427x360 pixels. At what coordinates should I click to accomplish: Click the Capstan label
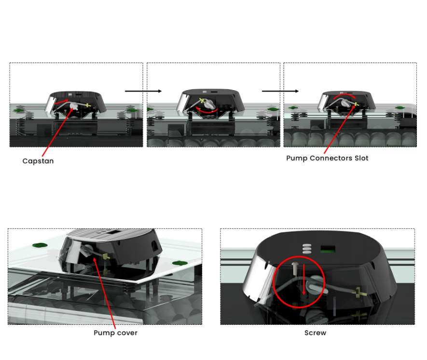click(x=38, y=161)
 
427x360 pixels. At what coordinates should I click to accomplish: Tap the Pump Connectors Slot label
click(x=327, y=158)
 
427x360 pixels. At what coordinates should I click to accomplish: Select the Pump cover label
click(x=115, y=333)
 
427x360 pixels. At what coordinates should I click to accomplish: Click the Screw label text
click(x=316, y=333)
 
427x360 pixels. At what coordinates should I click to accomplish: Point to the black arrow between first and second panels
click(x=143, y=91)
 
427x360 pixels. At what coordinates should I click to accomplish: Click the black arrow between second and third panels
click(x=280, y=91)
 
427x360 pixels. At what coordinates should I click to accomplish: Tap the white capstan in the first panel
click(x=74, y=106)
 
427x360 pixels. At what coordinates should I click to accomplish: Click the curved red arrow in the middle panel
click(x=207, y=110)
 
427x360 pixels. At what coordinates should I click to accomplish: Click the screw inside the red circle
click(x=295, y=268)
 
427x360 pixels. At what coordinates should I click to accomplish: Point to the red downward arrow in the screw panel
click(x=304, y=280)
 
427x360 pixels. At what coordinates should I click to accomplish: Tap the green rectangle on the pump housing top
click(x=328, y=249)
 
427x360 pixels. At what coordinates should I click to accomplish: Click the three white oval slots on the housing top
click(x=307, y=249)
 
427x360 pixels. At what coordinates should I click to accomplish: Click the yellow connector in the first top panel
click(x=87, y=105)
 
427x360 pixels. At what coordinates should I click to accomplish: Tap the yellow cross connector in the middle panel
click(x=202, y=101)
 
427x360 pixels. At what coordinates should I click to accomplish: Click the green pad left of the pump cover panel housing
click(x=40, y=245)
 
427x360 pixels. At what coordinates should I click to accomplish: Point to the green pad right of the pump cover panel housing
click(x=180, y=263)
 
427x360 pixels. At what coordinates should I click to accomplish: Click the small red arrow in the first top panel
click(x=61, y=102)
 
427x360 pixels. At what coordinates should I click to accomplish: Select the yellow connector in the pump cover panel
click(x=106, y=256)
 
